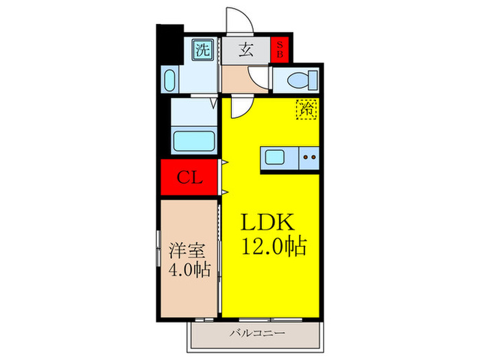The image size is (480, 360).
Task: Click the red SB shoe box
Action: (280, 49)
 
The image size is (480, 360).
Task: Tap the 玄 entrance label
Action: (245, 49)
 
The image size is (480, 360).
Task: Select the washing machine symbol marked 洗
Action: (203, 49)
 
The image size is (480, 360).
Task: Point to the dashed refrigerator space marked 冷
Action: (306, 109)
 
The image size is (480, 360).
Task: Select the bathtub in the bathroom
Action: (195, 142)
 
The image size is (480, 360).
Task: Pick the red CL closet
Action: (190, 178)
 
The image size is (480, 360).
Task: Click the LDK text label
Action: (267, 223)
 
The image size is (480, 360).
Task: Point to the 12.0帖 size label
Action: (272, 245)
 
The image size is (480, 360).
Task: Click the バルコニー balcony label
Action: (258, 333)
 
